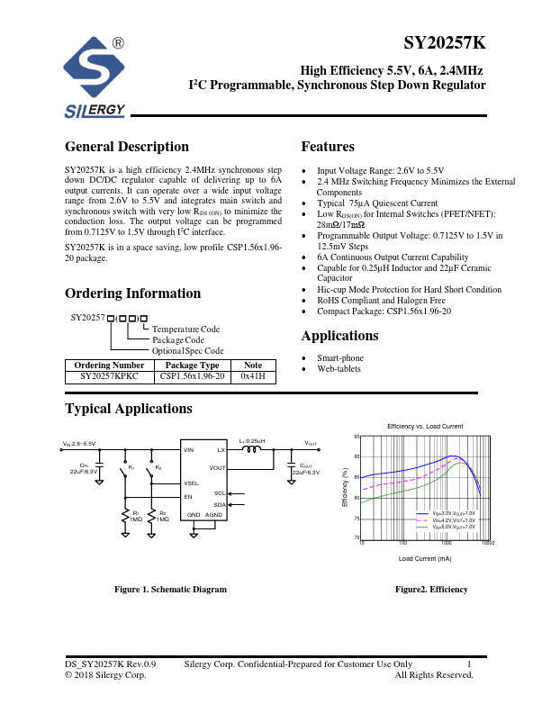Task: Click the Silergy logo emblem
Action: (95, 69)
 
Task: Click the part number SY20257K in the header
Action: (445, 44)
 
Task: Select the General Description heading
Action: (127, 147)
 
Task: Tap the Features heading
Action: (328, 147)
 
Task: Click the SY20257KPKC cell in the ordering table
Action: (110, 377)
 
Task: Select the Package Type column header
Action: (192, 365)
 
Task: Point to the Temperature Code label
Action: (185, 329)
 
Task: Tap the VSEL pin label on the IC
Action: (193, 483)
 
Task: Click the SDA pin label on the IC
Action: (220, 505)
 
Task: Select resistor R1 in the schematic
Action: (124, 515)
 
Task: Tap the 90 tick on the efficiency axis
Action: (357, 456)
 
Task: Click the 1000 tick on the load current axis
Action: (446, 543)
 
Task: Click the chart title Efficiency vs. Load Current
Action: (425, 425)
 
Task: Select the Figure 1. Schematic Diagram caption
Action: (170, 589)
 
